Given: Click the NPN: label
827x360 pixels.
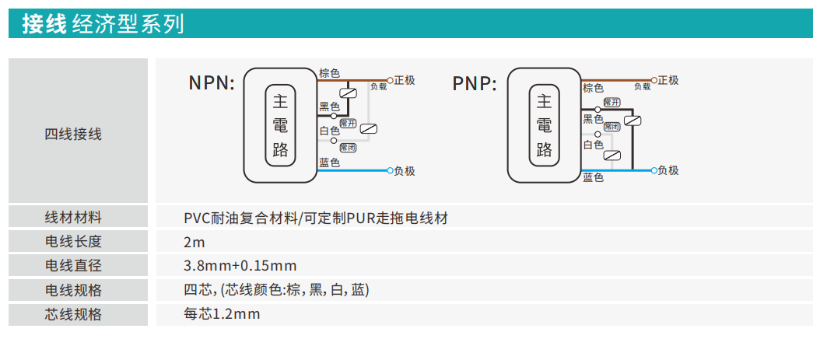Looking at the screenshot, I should point(212,83).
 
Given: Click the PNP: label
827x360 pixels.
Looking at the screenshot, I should point(475,83).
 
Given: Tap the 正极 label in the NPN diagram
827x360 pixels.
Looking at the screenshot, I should point(405,80).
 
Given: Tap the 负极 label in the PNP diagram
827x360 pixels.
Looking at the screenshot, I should point(668,170).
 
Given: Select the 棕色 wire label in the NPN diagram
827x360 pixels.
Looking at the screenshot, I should point(329,73).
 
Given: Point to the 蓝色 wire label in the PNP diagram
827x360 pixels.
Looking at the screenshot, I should point(594,178).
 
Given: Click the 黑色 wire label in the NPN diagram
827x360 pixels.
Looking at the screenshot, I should point(329,106).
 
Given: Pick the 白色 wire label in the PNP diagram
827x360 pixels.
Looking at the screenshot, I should point(594,145).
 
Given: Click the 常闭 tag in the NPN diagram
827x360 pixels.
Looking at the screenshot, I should point(348,146).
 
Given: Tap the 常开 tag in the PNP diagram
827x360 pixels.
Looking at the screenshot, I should point(611,102).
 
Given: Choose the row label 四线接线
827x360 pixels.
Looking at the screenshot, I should point(73,134).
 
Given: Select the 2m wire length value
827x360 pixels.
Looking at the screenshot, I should point(194,241).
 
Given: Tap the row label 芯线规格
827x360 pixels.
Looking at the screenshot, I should point(73,315).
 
